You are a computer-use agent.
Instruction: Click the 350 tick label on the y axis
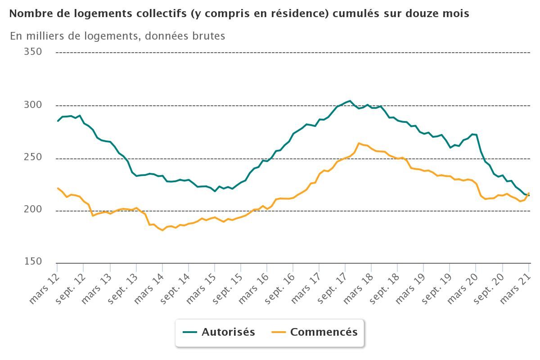coord(33,52)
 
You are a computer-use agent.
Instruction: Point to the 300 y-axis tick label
coord(33,105)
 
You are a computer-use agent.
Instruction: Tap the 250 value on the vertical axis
coord(33,157)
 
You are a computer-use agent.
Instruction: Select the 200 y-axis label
coord(33,210)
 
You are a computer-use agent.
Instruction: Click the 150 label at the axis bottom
coord(33,262)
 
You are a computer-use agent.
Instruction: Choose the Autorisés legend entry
coord(228,332)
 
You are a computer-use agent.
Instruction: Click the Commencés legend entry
coord(324,332)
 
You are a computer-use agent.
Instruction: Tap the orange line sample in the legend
coord(279,333)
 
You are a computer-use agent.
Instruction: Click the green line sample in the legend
coord(190,333)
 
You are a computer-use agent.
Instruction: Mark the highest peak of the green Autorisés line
coord(350,101)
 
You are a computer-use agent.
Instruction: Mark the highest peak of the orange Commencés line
coord(359,143)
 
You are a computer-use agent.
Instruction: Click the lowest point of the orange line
coord(162,230)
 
